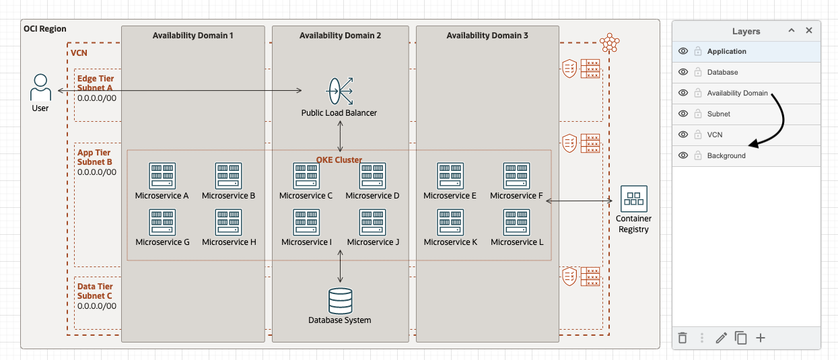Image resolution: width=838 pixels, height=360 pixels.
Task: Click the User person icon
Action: (x=40, y=87)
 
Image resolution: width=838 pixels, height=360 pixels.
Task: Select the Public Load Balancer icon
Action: (x=340, y=91)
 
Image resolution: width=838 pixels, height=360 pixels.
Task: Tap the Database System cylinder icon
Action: (x=340, y=301)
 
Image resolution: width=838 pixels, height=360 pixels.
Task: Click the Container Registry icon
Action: (x=633, y=199)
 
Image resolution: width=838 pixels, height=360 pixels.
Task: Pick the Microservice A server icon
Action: (x=162, y=176)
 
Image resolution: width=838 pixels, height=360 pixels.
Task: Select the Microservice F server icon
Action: (x=517, y=176)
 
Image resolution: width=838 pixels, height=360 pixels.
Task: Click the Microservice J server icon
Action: (x=373, y=222)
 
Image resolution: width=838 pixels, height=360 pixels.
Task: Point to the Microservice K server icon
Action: (x=450, y=222)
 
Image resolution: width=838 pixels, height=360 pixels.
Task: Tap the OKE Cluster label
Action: (x=339, y=160)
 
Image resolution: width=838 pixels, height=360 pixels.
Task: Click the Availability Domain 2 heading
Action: (x=340, y=35)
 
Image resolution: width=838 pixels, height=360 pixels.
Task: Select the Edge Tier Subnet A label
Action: (x=95, y=83)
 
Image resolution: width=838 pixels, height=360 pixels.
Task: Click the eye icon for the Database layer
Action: (x=683, y=72)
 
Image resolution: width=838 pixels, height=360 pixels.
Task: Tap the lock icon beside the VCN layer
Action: (x=698, y=135)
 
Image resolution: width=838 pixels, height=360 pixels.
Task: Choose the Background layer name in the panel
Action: (x=726, y=155)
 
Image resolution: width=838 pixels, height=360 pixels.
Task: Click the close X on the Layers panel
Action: (x=809, y=30)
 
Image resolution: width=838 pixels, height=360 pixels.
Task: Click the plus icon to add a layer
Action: (x=761, y=338)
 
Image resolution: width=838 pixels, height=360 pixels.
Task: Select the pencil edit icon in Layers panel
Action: (x=721, y=338)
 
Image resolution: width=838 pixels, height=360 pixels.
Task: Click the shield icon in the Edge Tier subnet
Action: (x=569, y=68)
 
